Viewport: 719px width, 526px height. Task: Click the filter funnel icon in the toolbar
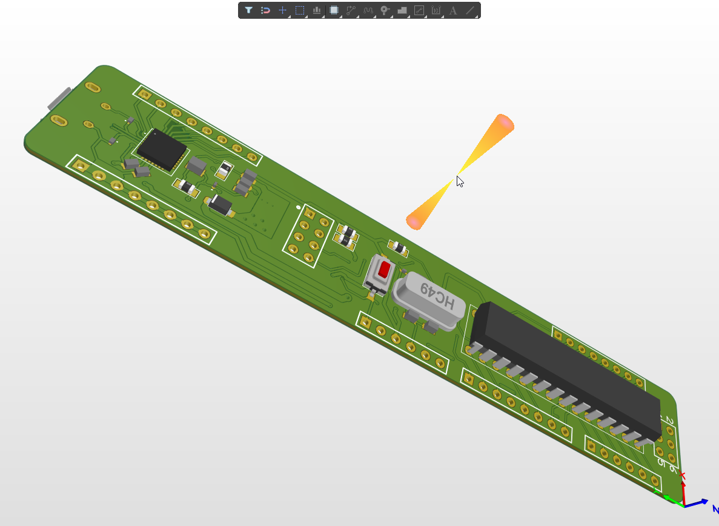point(248,10)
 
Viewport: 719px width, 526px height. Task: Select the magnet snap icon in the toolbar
point(265,10)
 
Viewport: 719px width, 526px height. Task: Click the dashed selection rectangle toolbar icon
point(299,10)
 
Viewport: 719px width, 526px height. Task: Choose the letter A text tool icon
point(452,10)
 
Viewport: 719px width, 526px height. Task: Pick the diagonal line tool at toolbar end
point(469,10)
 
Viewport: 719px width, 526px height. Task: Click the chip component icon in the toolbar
point(333,10)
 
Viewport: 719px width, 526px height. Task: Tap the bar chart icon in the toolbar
point(316,10)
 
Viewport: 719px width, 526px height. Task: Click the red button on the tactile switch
point(383,270)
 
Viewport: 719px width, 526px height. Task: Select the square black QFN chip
point(162,149)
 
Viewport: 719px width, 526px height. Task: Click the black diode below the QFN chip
point(220,205)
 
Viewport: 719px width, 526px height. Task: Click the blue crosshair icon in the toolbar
point(282,10)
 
